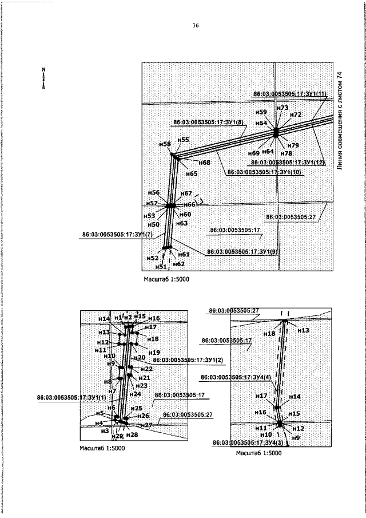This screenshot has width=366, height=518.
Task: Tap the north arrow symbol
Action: point(43,77)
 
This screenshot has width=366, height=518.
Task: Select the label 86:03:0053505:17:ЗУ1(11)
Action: point(290,93)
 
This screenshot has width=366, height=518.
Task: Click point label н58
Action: point(165,144)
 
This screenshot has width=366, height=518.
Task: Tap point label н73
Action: point(282,108)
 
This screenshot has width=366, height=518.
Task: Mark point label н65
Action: point(192,173)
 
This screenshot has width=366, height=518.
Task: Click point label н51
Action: point(162,266)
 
